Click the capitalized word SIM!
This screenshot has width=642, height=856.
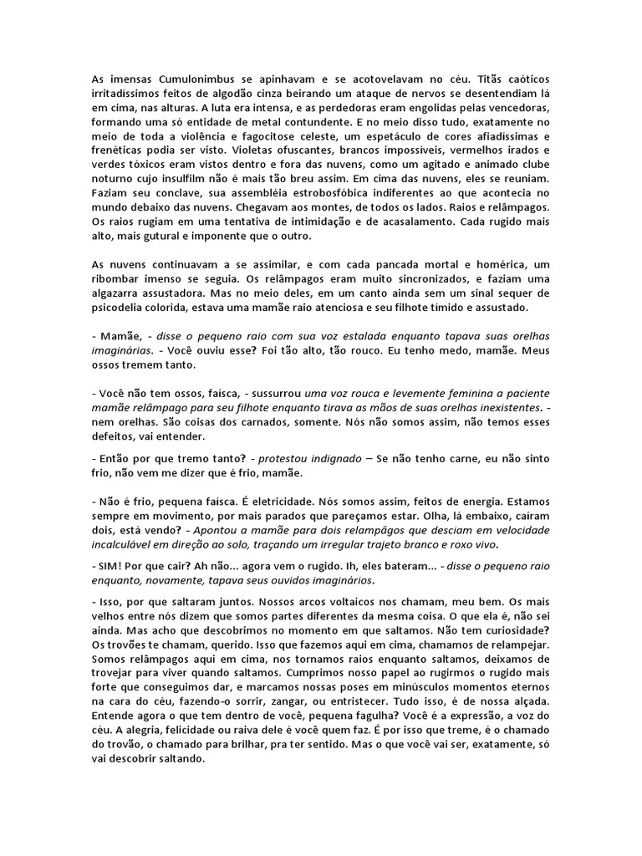(110, 567)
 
